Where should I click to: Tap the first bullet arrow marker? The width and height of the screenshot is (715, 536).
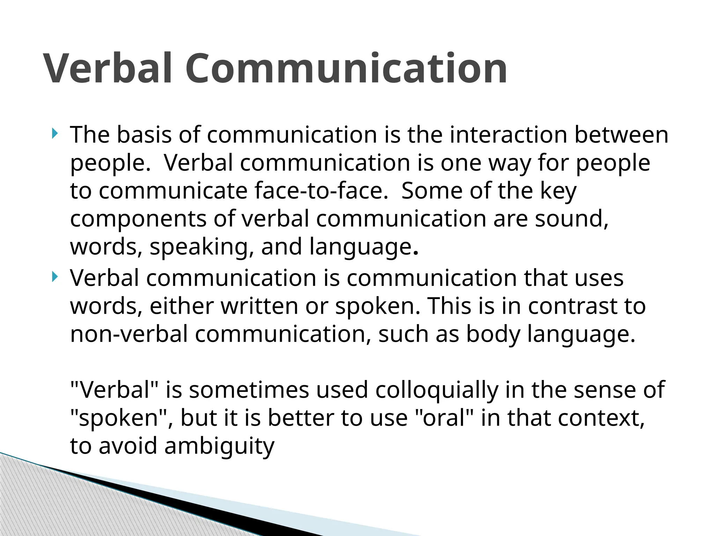coord(54,133)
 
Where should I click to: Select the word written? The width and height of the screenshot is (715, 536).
coord(259,306)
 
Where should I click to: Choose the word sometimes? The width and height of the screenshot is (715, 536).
coord(249,390)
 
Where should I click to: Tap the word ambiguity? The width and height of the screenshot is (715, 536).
coord(220,446)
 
